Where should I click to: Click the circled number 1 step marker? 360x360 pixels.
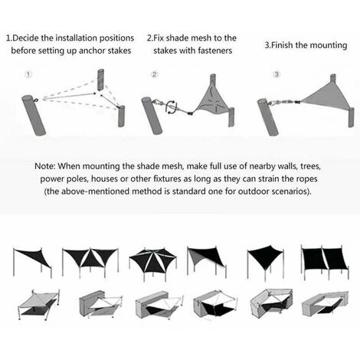28,75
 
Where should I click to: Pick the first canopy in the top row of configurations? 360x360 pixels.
33,261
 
